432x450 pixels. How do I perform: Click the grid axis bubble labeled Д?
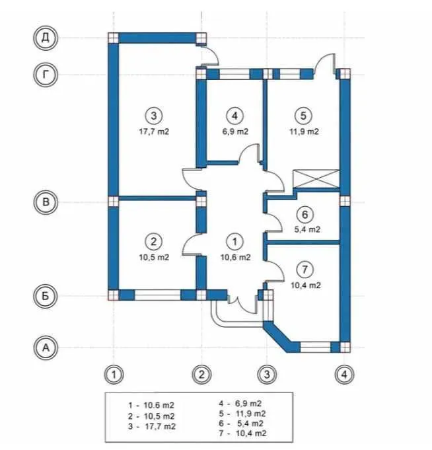point(46,38)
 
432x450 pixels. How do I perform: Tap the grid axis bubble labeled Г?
point(46,75)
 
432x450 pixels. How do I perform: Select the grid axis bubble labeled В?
point(46,202)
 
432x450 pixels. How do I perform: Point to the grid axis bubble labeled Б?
point(46,296)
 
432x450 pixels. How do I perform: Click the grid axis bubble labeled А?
point(46,348)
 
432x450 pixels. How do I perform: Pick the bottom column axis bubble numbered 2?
point(201,375)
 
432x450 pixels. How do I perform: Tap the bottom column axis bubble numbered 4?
point(344,375)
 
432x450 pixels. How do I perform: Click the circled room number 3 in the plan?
point(154,116)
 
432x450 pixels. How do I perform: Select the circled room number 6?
point(305,214)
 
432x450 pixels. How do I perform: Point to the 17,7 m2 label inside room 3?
point(154,131)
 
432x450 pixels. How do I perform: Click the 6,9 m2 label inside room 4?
point(235,131)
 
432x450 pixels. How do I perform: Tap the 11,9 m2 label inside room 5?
point(304,131)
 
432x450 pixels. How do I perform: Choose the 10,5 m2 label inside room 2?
point(154,257)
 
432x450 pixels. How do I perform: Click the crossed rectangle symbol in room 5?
point(316,179)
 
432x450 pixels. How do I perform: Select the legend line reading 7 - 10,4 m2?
point(242,433)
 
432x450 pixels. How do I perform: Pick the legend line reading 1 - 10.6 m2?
point(151,406)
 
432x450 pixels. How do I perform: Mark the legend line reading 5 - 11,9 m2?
point(242,414)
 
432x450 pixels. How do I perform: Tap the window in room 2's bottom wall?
point(157,295)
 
